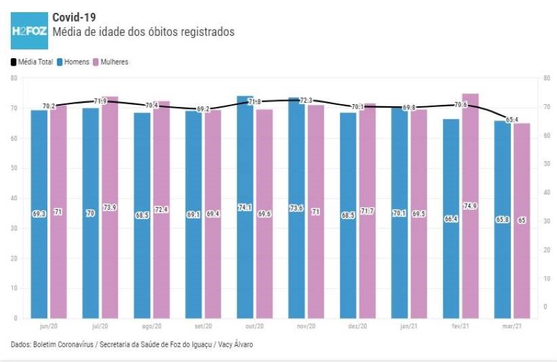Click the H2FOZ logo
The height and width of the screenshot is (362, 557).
click(29, 31)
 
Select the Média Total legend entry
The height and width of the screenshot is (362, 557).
click(31, 62)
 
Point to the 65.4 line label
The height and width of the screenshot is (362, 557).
click(512, 119)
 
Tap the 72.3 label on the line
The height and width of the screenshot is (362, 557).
click(306, 101)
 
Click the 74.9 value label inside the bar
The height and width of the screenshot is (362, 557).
click(470, 206)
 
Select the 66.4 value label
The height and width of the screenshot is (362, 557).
click(451, 219)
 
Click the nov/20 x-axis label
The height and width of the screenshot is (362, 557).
click(306, 326)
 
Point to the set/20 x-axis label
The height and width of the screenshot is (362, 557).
click(203, 326)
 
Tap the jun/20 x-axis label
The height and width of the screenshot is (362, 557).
click(48, 326)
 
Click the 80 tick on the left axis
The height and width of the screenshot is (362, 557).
click(14, 78)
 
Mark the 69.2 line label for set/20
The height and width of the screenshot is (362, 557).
click(203, 109)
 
